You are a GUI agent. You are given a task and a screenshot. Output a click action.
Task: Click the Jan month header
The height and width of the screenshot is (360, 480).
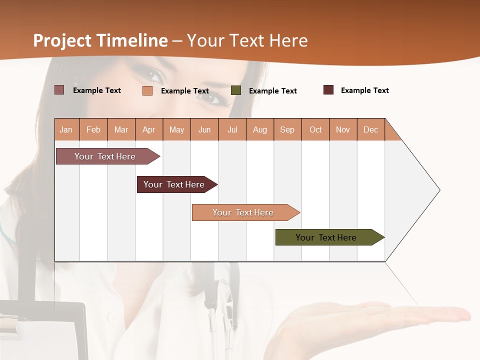coord(66,129)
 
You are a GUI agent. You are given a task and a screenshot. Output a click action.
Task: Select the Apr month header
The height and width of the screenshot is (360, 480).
coord(149,129)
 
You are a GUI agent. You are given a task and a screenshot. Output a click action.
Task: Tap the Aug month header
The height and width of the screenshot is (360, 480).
coord(260,129)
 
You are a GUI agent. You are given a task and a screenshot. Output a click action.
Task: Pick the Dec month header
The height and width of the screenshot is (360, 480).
coord(370,129)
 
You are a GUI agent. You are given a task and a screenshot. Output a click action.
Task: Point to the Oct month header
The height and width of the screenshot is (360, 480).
coord(315,129)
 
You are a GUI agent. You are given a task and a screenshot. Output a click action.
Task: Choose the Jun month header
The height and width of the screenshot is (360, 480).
coord(204,129)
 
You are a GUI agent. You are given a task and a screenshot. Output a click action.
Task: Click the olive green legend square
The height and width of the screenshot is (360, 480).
coord(236,90)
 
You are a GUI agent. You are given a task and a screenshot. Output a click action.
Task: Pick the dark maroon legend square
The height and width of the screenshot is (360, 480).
coord(328,90)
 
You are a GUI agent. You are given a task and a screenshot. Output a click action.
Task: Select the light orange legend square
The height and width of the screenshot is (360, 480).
coord(147,90)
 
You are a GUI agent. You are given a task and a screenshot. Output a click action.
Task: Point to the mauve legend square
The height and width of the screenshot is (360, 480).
coord(59,90)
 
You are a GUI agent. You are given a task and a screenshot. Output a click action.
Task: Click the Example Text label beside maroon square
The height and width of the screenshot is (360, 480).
coord(364,90)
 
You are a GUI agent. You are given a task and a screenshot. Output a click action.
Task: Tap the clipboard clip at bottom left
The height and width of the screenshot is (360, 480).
coord(15,325)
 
